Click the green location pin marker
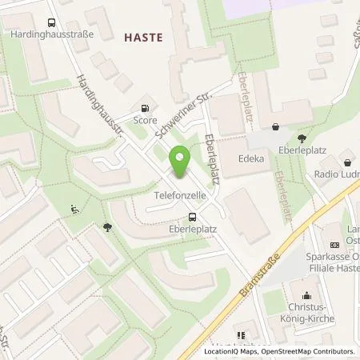point(182,164)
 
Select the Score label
point(145,121)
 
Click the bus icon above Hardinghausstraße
point(52,23)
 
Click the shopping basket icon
point(277,126)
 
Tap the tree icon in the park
point(107,227)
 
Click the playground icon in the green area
point(74,210)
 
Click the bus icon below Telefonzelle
point(192,217)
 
